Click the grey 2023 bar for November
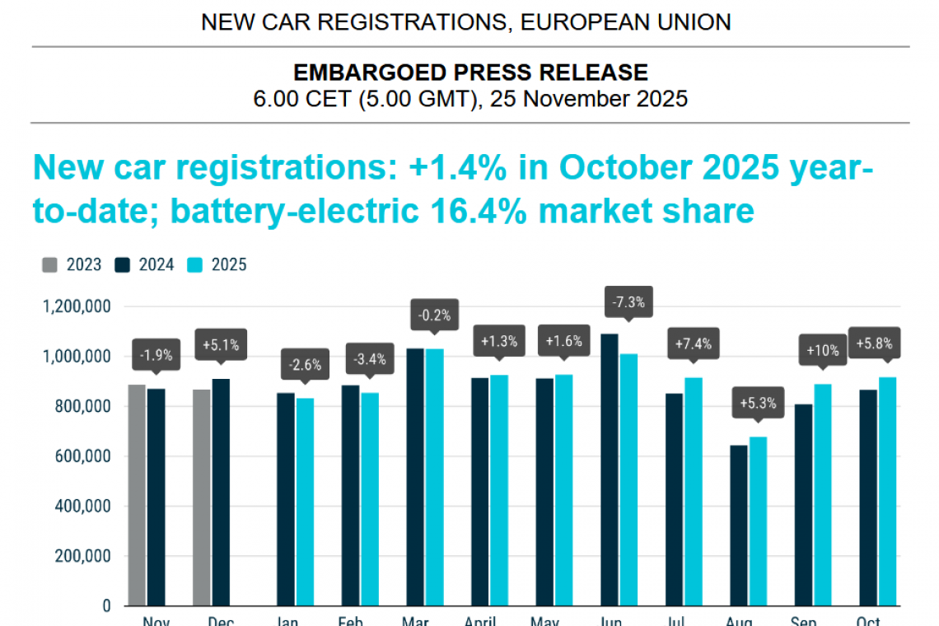137,495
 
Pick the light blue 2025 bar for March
434,477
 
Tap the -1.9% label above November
154,356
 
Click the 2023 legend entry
73,264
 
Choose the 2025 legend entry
219,264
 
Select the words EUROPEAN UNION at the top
626,22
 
